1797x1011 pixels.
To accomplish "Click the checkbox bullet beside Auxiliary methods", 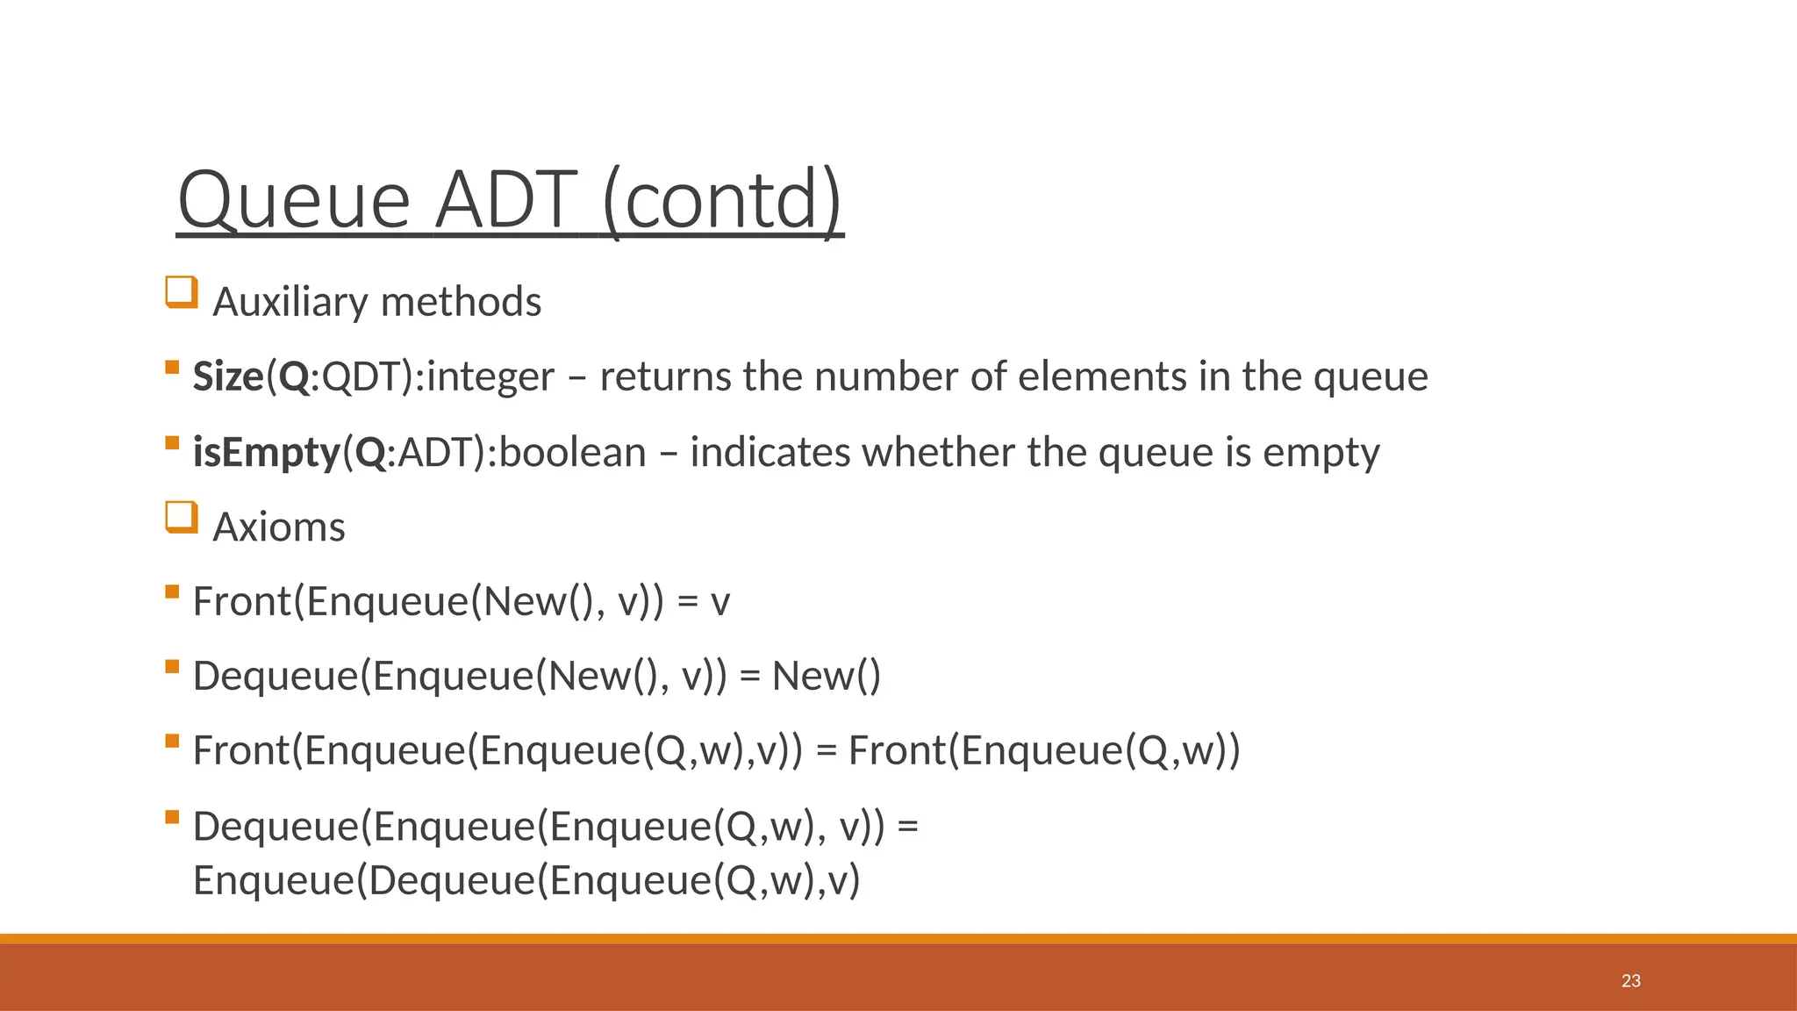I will [181, 292].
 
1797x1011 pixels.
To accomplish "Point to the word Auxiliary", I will [290, 302].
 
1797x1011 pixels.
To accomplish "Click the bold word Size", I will [227, 376].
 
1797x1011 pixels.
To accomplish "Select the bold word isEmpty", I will [266, 452].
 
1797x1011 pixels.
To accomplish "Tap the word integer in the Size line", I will [490, 376].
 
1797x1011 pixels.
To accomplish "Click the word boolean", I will [572, 452].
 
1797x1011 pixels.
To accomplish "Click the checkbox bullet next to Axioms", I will [181, 518].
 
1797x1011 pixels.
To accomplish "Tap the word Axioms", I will [279, 527].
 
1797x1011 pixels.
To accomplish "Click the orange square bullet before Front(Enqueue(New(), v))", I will [172, 592].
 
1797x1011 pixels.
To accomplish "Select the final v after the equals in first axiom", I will [720, 602].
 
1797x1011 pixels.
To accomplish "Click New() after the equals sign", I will [826, 677].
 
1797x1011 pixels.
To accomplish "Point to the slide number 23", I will [1630, 981].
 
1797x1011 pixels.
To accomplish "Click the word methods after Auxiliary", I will [461, 302].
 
